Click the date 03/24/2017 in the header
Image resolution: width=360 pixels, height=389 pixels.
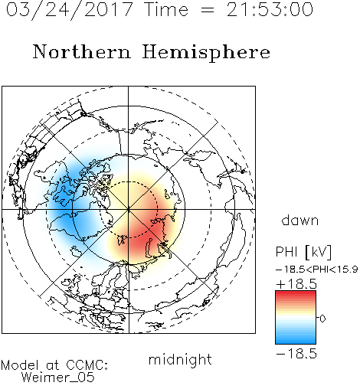(69, 10)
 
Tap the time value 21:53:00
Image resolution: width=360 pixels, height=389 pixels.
(270, 9)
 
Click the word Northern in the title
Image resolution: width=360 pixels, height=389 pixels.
(82, 52)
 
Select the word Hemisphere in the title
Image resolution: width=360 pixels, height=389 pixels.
(206, 53)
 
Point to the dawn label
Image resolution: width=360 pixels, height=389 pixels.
(300, 221)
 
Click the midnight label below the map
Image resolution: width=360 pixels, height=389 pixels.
(180, 359)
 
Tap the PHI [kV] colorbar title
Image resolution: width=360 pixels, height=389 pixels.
(304, 252)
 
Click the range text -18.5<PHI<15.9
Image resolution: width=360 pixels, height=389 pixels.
(316, 270)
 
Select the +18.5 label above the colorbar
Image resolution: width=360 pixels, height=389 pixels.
(296, 284)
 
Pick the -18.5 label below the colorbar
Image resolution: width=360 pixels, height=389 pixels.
(296, 354)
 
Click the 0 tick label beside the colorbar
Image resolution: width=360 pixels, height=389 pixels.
(322, 319)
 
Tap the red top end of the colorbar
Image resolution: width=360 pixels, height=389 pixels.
(296, 293)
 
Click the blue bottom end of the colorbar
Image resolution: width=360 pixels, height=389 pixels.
(296, 342)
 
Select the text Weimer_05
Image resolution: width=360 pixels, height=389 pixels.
(57, 378)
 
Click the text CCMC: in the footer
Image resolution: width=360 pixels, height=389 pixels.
(87, 365)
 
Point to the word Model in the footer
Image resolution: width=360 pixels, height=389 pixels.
(20, 365)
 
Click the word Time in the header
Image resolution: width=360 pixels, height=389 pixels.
(166, 9)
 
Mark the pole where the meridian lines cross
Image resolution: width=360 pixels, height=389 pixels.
(129, 210)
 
